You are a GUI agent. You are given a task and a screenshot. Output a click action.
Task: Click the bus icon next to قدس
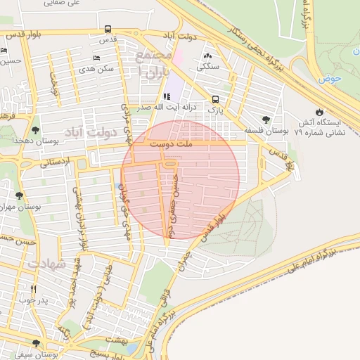click(107, 30)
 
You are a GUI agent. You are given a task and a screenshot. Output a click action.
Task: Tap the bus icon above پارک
click(214, 99)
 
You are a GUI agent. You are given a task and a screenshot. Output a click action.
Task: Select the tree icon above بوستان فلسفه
click(265, 120)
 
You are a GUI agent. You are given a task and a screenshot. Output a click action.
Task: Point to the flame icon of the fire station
click(320, 112)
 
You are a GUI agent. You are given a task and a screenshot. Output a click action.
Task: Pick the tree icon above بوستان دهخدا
click(36, 129)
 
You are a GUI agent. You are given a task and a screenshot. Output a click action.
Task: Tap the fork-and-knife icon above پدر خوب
click(33, 289)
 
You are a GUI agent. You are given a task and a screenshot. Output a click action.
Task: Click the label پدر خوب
click(33, 300)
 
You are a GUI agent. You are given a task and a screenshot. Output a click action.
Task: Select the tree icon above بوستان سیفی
click(37, 343)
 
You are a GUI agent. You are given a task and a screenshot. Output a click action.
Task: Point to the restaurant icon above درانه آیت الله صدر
click(167, 97)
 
